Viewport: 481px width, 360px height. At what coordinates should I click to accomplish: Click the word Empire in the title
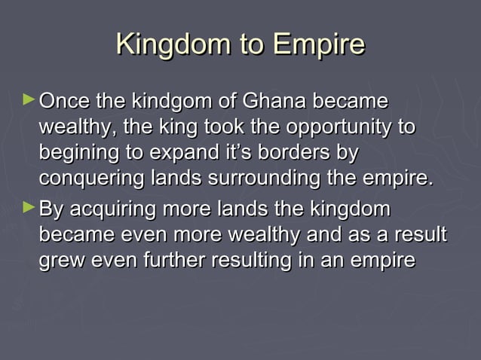[317, 44]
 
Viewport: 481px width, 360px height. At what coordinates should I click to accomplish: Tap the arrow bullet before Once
[29, 99]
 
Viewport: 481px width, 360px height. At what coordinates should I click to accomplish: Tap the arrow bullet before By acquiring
[29, 206]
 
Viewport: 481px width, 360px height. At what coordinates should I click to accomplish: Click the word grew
[61, 261]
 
